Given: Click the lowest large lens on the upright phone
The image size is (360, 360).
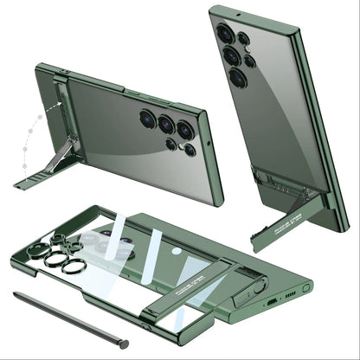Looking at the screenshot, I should [x=236, y=78].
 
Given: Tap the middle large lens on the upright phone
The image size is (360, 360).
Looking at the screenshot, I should [x=231, y=56].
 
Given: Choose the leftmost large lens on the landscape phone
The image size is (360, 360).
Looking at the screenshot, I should [x=147, y=119].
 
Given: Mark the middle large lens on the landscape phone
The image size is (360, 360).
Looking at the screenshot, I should [x=165, y=124].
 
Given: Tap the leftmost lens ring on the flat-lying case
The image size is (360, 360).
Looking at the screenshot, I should [x=38, y=251].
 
